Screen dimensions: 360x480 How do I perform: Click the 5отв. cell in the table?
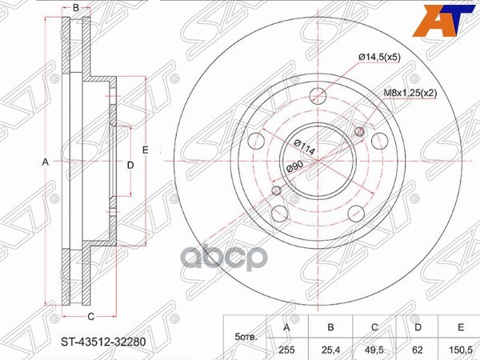[x=243, y=338]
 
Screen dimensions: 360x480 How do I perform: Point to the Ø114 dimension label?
[x=302, y=146]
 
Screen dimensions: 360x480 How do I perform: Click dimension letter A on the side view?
[x=46, y=162]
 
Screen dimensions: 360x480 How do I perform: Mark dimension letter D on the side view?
[x=130, y=164]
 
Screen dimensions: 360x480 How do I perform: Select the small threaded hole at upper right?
[x=359, y=132]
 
